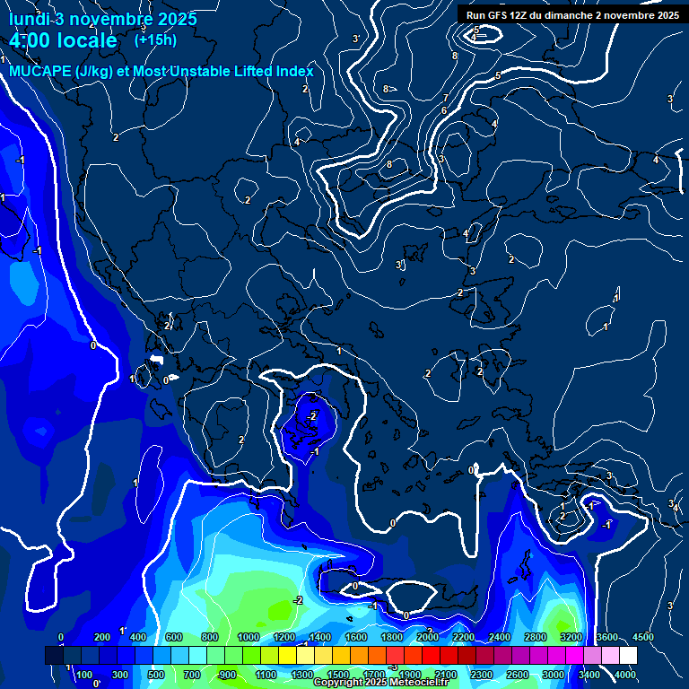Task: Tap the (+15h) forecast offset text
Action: click(x=155, y=39)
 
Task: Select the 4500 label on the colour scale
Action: click(x=643, y=637)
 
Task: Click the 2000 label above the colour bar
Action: click(x=428, y=637)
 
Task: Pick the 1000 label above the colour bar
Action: click(x=249, y=637)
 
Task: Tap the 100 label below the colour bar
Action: click(x=84, y=675)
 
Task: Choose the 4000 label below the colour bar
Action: click(x=625, y=675)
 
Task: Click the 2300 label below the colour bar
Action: click(x=482, y=675)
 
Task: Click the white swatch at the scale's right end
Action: click(x=628, y=657)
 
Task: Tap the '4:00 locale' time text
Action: click(x=63, y=40)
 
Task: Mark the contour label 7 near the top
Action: click(x=445, y=98)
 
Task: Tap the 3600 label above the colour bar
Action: click(x=607, y=637)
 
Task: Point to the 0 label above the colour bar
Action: click(x=60, y=637)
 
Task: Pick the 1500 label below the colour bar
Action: click(x=338, y=675)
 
